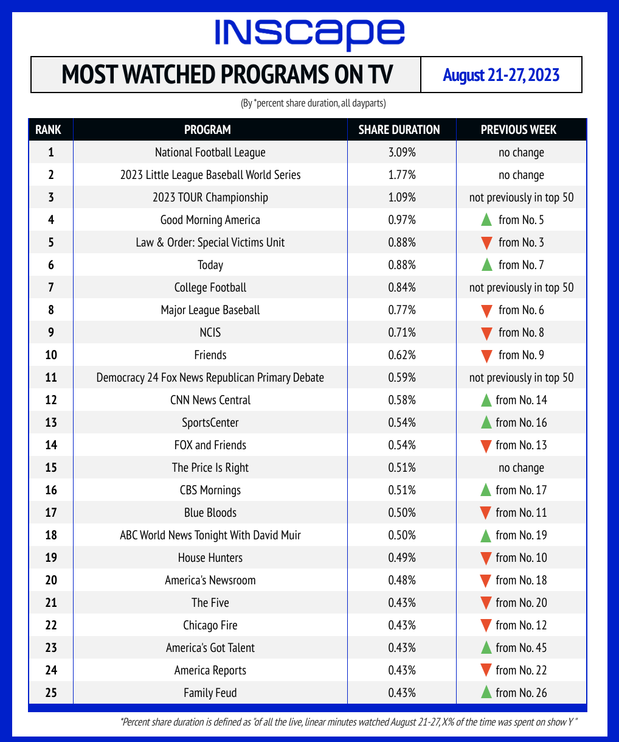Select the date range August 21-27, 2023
[501, 75]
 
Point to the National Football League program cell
[210, 152]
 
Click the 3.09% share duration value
[402, 152]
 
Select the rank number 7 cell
[51, 287]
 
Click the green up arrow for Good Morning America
[485, 220]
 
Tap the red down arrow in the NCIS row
[485, 333]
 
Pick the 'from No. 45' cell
[521, 648]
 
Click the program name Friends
[210, 355]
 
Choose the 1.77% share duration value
[402, 175]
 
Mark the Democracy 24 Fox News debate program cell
[210, 377]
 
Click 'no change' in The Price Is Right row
[521, 467]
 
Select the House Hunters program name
[210, 558]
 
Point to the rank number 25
[51, 693]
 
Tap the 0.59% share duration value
[402, 377]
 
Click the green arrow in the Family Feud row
[485, 692]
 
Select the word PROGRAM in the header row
[207, 130]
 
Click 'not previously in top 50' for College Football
[521, 287]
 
